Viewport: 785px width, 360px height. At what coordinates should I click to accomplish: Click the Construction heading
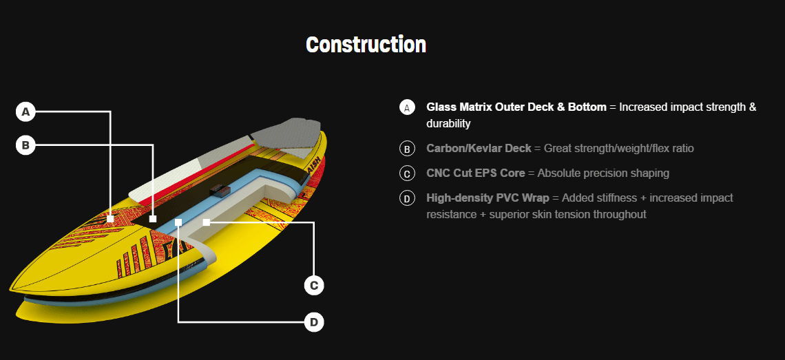tap(366, 45)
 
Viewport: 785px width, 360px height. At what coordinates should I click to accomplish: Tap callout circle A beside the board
tap(25, 112)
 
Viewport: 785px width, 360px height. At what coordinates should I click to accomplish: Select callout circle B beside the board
tap(25, 146)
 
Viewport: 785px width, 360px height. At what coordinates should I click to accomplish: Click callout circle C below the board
tap(314, 286)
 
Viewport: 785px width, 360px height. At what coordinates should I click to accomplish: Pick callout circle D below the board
tap(314, 322)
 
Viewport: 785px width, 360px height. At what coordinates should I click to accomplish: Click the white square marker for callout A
tap(111, 219)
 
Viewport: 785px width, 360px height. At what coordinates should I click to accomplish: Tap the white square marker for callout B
tap(153, 219)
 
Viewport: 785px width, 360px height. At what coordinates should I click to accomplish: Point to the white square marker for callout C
tap(207, 222)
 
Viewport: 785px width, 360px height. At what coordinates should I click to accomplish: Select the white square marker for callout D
tap(178, 222)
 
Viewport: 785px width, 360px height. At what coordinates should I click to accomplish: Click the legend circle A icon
tap(407, 107)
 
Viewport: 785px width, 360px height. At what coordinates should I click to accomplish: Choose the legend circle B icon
tap(407, 149)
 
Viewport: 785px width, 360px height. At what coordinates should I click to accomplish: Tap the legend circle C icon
tap(407, 173)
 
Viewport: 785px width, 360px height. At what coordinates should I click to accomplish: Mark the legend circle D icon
tap(407, 199)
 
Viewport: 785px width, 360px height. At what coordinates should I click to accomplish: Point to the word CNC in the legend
tap(437, 173)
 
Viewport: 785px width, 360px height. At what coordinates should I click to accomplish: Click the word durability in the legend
tap(448, 124)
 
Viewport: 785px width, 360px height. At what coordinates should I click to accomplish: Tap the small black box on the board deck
tap(218, 190)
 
